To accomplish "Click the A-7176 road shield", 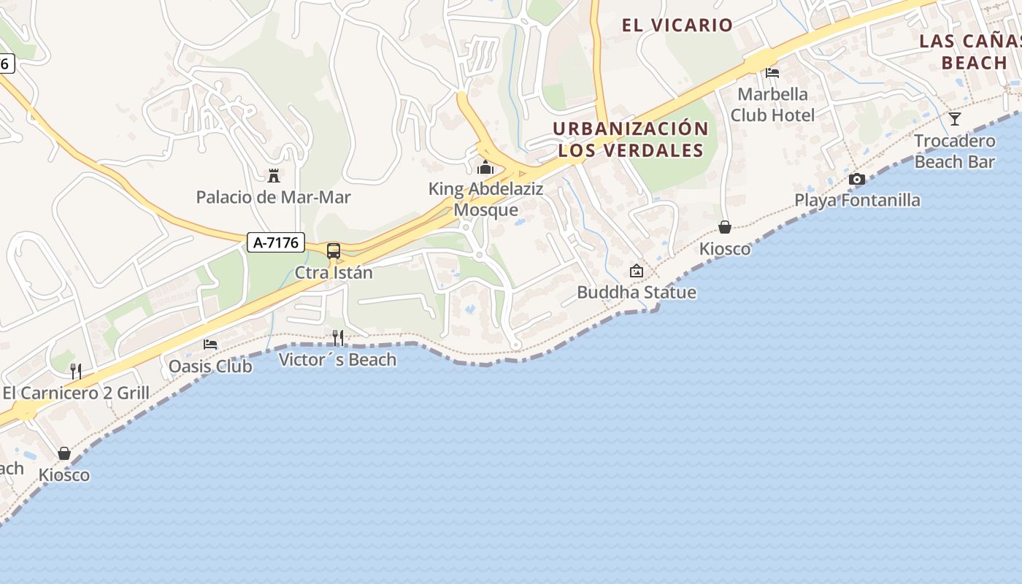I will (x=276, y=242).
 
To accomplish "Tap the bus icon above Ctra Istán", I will (x=334, y=251).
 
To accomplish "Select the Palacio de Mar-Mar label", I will (x=274, y=197).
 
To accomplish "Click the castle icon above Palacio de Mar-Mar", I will (x=274, y=175).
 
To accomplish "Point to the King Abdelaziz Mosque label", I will (x=485, y=199).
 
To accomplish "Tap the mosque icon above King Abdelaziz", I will (x=485, y=168).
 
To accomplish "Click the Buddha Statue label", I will (x=637, y=293).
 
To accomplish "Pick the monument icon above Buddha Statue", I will (x=637, y=271).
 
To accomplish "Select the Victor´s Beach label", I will (x=338, y=359).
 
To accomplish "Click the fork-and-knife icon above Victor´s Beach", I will (x=338, y=337).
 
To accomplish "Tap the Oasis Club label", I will (x=210, y=366).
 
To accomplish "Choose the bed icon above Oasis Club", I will (x=210, y=344).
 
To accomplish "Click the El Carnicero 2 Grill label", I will (x=76, y=393).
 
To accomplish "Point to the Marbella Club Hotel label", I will (x=773, y=104).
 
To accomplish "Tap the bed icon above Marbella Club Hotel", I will (x=772, y=72).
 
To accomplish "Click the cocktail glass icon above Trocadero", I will (x=955, y=118).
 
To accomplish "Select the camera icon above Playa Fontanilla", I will (x=857, y=179).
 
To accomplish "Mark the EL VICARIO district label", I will (x=677, y=25).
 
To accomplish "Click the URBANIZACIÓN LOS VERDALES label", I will (x=631, y=139).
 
